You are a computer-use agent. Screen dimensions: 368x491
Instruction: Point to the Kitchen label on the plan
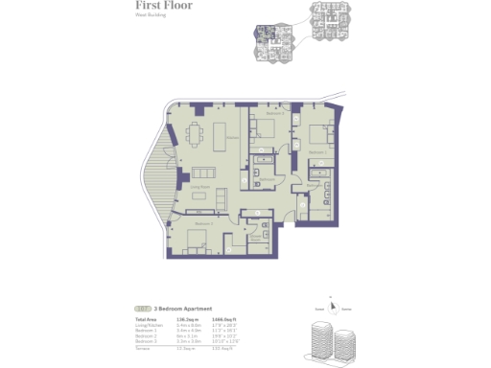232,136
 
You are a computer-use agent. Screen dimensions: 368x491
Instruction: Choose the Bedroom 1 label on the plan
317,151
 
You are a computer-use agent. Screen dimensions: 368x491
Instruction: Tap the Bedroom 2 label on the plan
202,222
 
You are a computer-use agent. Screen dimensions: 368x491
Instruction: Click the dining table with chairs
199,134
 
